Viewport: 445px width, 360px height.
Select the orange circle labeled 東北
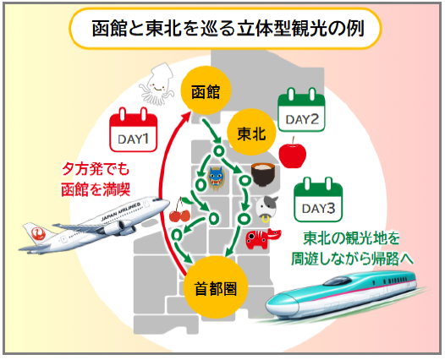pyautogui.click(x=251, y=132)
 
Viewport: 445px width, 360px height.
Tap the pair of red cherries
pyautogui.click(x=179, y=211)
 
